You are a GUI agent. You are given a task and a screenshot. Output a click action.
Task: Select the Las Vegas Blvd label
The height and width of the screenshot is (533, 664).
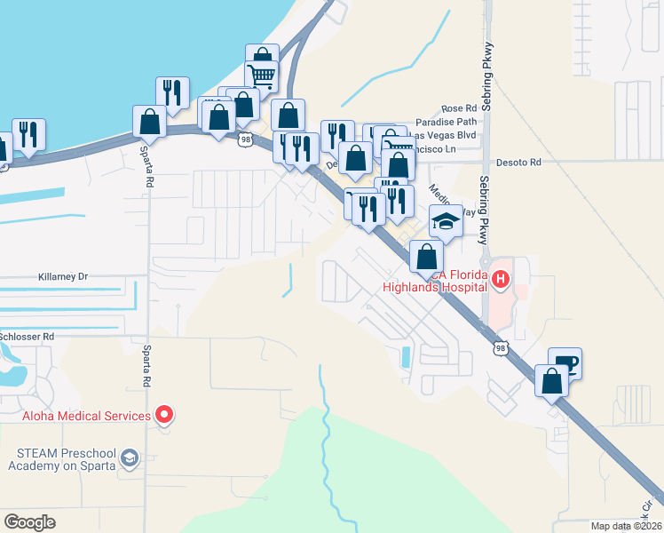point(447,135)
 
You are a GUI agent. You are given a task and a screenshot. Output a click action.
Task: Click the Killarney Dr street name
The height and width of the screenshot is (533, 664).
point(64,276)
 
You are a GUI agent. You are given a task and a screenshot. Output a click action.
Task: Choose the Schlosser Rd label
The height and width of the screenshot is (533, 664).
point(27,337)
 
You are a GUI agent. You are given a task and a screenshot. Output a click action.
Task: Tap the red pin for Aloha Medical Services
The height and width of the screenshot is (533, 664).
point(164,414)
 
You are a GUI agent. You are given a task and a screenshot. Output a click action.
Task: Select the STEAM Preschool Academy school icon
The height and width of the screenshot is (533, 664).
point(130,457)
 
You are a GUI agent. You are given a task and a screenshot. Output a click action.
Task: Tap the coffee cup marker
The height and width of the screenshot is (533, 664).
point(565,362)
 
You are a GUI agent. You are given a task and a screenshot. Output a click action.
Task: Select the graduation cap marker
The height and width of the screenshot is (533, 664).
point(446,221)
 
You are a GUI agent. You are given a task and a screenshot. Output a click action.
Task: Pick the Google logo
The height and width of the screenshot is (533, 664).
point(29,521)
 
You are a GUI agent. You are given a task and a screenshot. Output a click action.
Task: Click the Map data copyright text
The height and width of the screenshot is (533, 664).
point(626,525)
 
